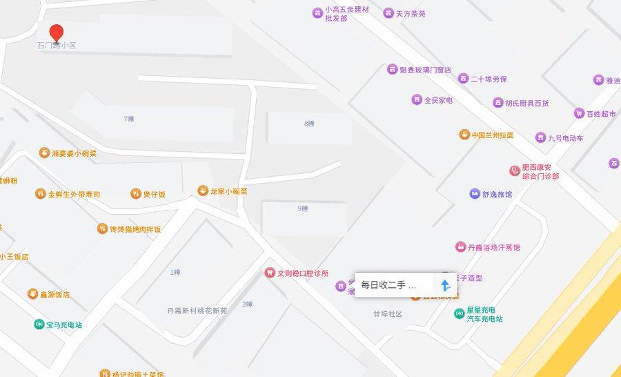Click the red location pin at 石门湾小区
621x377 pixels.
pyautogui.click(x=57, y=32)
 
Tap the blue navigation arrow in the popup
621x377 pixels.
pyautogui.click(x=446, y=285)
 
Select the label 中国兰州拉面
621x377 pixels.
pyautogui.click(x=493, y=135)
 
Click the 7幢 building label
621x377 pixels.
pyautogui.click(x=129, y=119)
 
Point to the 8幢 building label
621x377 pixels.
pyautogui.click(x=309, y=124)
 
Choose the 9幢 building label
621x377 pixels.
pyautogui.click(x=302, y=208)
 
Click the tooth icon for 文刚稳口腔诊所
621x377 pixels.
pyautogui.click(x=270, y=273)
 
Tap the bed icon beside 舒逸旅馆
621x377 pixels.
pyautogui.click(x=474, y=194)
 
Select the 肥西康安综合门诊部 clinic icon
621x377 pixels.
pyautogui.click(x=514, y=170)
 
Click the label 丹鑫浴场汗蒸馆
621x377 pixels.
pyautogui.click(x=493, y=247)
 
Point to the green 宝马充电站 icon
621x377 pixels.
pyautogui.click(x=39, y=325)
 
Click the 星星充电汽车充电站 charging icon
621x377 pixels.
pyautogui.click(x=459, y=314)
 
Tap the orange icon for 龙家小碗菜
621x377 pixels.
pyautogui.click(x=202, y=191)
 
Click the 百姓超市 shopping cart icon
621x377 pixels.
pyautogui.click(x=579, y=113)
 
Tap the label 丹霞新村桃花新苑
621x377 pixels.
pyautogui.click(x=197, y=311)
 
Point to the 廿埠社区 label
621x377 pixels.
pyautogui.click(x=388, y=314)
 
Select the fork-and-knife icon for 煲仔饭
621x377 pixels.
pyautogui.click(x=136, y=194)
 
